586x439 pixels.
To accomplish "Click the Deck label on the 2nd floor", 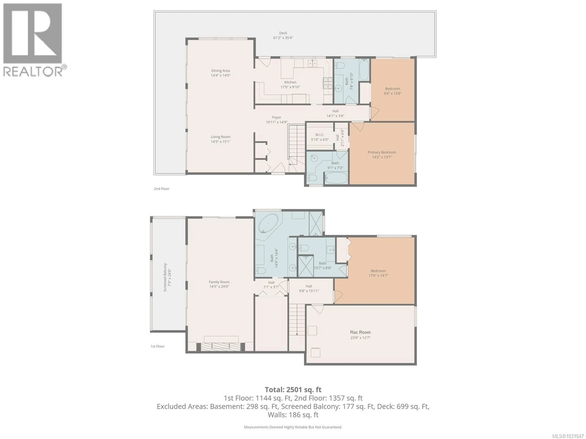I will click(283, 33).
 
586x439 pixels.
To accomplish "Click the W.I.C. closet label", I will click(320, 135).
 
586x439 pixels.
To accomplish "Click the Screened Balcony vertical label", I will click(165, 277).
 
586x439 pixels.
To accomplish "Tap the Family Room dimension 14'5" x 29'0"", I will click(219, 286).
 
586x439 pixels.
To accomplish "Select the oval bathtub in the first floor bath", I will click(268, 223).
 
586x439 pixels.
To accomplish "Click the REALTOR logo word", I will click(33, 71).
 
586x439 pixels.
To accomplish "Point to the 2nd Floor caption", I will click(162, 189).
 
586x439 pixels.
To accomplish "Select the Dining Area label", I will click(220, 71).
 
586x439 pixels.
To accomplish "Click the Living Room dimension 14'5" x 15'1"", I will click(220, 142).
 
